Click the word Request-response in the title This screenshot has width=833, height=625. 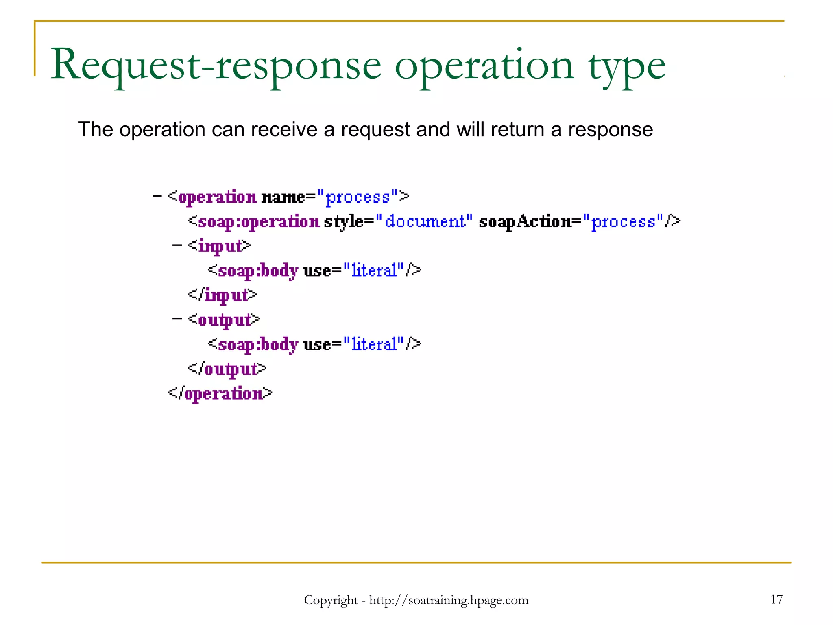[x=216, y=65]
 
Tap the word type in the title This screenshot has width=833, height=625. [x=626, y=67]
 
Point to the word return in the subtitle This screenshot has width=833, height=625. [x=517, y=129]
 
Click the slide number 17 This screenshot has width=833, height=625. [x=776, y=599]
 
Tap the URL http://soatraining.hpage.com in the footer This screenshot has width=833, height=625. [x=449, y=600]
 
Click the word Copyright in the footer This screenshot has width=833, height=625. [x=331, y=600]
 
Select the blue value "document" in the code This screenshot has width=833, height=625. [x=425, y=222]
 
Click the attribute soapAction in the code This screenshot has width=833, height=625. [x=525, y=222]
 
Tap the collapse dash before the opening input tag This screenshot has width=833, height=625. [x=177, y=245]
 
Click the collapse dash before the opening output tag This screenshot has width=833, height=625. [x=177, y=319]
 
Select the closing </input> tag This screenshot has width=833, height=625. [x=222, y=295]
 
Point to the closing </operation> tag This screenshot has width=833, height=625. [x=220, y=393]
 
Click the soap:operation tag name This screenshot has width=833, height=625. [x=259, y=222]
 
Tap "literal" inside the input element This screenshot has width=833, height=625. [x=374, y=271]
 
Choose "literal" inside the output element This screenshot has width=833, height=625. [x=374, y=344]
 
